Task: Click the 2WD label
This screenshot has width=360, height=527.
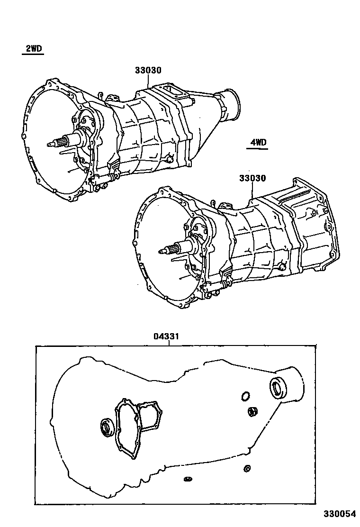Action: tap(33, 49)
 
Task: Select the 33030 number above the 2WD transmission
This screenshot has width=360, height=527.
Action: tap(148, 71)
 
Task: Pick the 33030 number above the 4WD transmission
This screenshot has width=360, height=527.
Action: tap(252, 179)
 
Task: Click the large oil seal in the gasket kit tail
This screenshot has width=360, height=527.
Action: tap(278, 388)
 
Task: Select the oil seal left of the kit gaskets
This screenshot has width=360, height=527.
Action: tap(107, 427)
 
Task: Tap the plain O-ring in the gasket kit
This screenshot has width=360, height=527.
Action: tap(245, 396)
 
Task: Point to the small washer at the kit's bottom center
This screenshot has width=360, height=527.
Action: tap(188, 479)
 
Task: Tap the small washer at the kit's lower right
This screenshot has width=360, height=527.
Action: tap(246, 469)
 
